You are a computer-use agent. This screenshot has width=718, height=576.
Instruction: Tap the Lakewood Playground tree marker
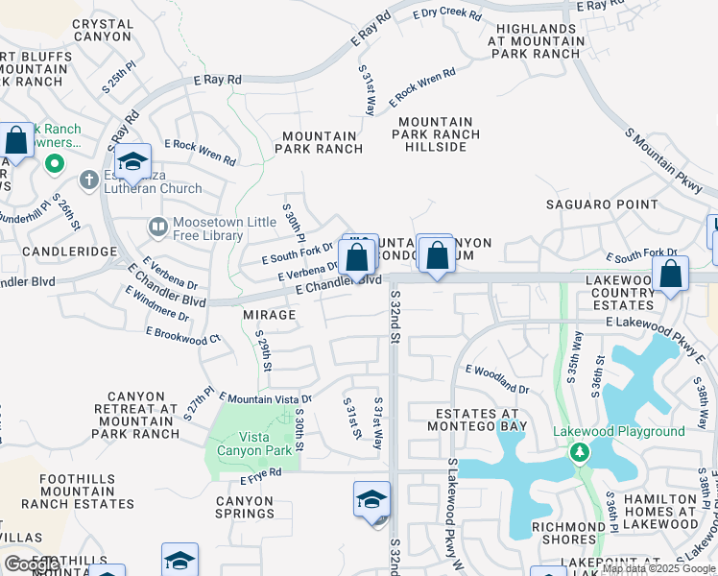click(x=579, y=451)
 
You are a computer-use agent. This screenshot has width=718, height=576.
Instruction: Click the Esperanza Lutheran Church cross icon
click(x=88, y=180)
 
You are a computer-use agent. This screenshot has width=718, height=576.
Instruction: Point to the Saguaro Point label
click(x=602, y=204)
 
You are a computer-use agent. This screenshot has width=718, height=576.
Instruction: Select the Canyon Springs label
click(x=245, y=507)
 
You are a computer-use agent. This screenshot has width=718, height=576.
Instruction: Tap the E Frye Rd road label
click(x=260, y=472)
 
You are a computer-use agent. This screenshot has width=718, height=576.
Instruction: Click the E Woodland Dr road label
click(x=496, y=377)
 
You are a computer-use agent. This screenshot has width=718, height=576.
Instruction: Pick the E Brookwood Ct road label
click(x=182, y=334)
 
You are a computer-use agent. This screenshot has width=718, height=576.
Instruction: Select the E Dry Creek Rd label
click(x=446, y=13)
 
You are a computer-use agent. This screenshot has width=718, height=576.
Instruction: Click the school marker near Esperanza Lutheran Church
click(x=132, y=161)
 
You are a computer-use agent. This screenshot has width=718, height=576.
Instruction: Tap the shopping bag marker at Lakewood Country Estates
click(x=669, y=272)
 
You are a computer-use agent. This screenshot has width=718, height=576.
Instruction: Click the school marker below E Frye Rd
click(x=371, y=499)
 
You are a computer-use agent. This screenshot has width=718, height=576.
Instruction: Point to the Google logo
click(x=33, y=564)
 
